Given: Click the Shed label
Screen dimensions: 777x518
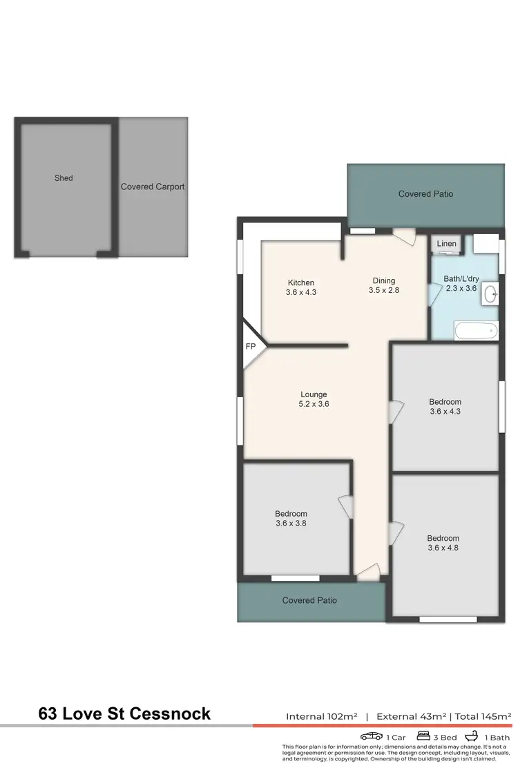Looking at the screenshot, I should click(64, 178).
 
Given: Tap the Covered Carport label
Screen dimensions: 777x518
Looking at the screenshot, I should click(153, 186).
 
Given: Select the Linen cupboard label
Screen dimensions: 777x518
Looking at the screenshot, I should click(446, 244).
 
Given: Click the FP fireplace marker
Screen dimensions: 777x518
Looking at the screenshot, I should click(250, 347).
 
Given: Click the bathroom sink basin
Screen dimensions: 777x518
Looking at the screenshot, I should click(491, 294).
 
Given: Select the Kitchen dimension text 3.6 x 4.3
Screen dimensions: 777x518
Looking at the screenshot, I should click(300, 292).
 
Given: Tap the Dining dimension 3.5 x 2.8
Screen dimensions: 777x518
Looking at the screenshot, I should click(384, 290).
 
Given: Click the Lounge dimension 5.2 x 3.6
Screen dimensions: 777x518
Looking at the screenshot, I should click(314, 404).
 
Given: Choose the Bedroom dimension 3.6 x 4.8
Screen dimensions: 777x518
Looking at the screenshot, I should click(443, 548).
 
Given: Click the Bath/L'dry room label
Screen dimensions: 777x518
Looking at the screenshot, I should click(460, 280).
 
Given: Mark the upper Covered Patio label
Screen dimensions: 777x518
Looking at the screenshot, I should click(425, 194).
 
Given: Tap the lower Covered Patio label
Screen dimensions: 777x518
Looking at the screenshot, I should click(309, 600).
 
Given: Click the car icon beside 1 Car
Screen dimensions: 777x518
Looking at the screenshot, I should click(372, 736).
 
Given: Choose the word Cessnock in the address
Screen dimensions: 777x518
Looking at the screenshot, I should click(170, 713).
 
